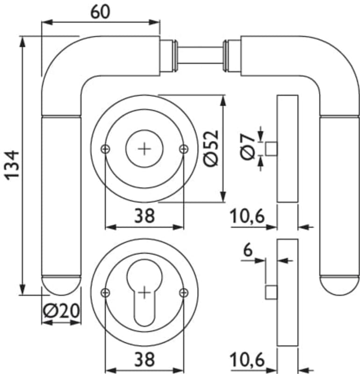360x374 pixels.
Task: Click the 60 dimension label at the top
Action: tap(101, 12)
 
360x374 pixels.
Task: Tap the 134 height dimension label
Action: tap(12, 165)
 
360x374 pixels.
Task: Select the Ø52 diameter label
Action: tap(211, 148)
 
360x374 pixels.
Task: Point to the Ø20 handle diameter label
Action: tap(61, 311)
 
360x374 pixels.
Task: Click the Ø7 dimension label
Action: tap(247, 146)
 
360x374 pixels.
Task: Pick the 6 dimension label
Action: tap(248, 250)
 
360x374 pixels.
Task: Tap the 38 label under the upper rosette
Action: tap(144, 216)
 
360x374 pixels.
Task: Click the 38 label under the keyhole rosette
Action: tap(144, 360)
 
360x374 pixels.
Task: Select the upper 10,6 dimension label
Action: tap(247, 216)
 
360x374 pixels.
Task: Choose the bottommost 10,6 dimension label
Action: tap(247, 360)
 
